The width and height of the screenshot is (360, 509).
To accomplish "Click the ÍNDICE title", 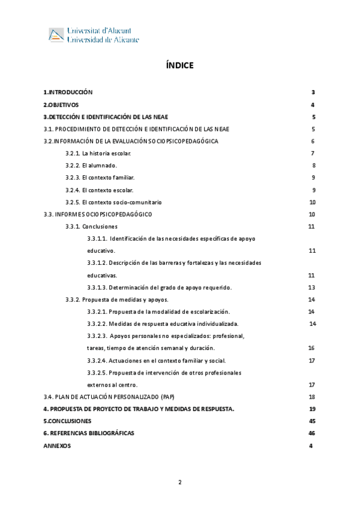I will click(180, 65).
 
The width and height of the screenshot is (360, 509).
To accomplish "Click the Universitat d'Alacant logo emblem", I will click(56, 35).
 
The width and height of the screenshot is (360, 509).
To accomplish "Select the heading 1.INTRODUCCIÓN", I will click(68, 92).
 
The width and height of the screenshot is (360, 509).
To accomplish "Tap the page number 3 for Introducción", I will click(313, 92).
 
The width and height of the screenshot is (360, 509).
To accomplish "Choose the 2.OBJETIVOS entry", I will click(61, 104).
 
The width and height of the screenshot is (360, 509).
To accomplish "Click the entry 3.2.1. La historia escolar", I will click(98, 154).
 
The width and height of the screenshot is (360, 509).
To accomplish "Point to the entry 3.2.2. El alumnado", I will click(91, 166).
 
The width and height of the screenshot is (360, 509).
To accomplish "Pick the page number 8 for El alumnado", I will click(313, 166).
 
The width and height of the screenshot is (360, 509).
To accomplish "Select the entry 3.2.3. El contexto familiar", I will click(100, 178).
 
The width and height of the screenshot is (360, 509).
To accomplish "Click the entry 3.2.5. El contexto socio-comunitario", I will click(113, 202).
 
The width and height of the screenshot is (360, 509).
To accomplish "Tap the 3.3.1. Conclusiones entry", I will click(91, 227).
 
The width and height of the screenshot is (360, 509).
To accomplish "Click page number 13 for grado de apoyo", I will click(311, 288).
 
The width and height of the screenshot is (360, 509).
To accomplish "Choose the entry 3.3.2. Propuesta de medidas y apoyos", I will click(116, 300).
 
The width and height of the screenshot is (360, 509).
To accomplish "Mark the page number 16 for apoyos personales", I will click(311, 348).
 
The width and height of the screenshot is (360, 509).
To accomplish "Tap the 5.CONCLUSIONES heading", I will click(67, 421).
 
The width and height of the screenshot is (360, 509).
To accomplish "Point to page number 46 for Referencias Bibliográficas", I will click(311, 433).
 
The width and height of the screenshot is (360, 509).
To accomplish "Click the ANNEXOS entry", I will click(57, 446).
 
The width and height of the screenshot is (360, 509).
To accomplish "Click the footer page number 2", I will click(179, 483).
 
